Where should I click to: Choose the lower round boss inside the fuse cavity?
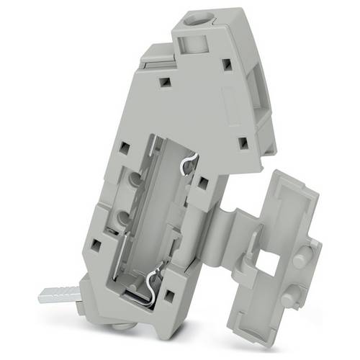pyautogui.click(x=123, y=217)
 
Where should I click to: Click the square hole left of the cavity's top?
pyautogui.click(x=124, y=148)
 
